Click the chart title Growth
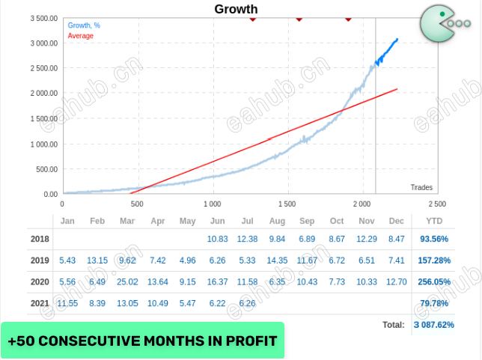point(236,10)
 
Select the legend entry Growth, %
point(84,25)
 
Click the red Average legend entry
point(81,36)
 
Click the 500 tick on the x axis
point(137,204)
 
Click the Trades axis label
point(421,187)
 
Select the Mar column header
point(127,222)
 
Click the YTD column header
point(434,222)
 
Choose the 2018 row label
point(39,239)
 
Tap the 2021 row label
point(39,303)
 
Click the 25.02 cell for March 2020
point(127,281)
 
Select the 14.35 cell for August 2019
point(277,260)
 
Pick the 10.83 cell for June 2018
point(217,239)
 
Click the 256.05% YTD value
point(434,281)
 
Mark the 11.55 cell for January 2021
point(67,303)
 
